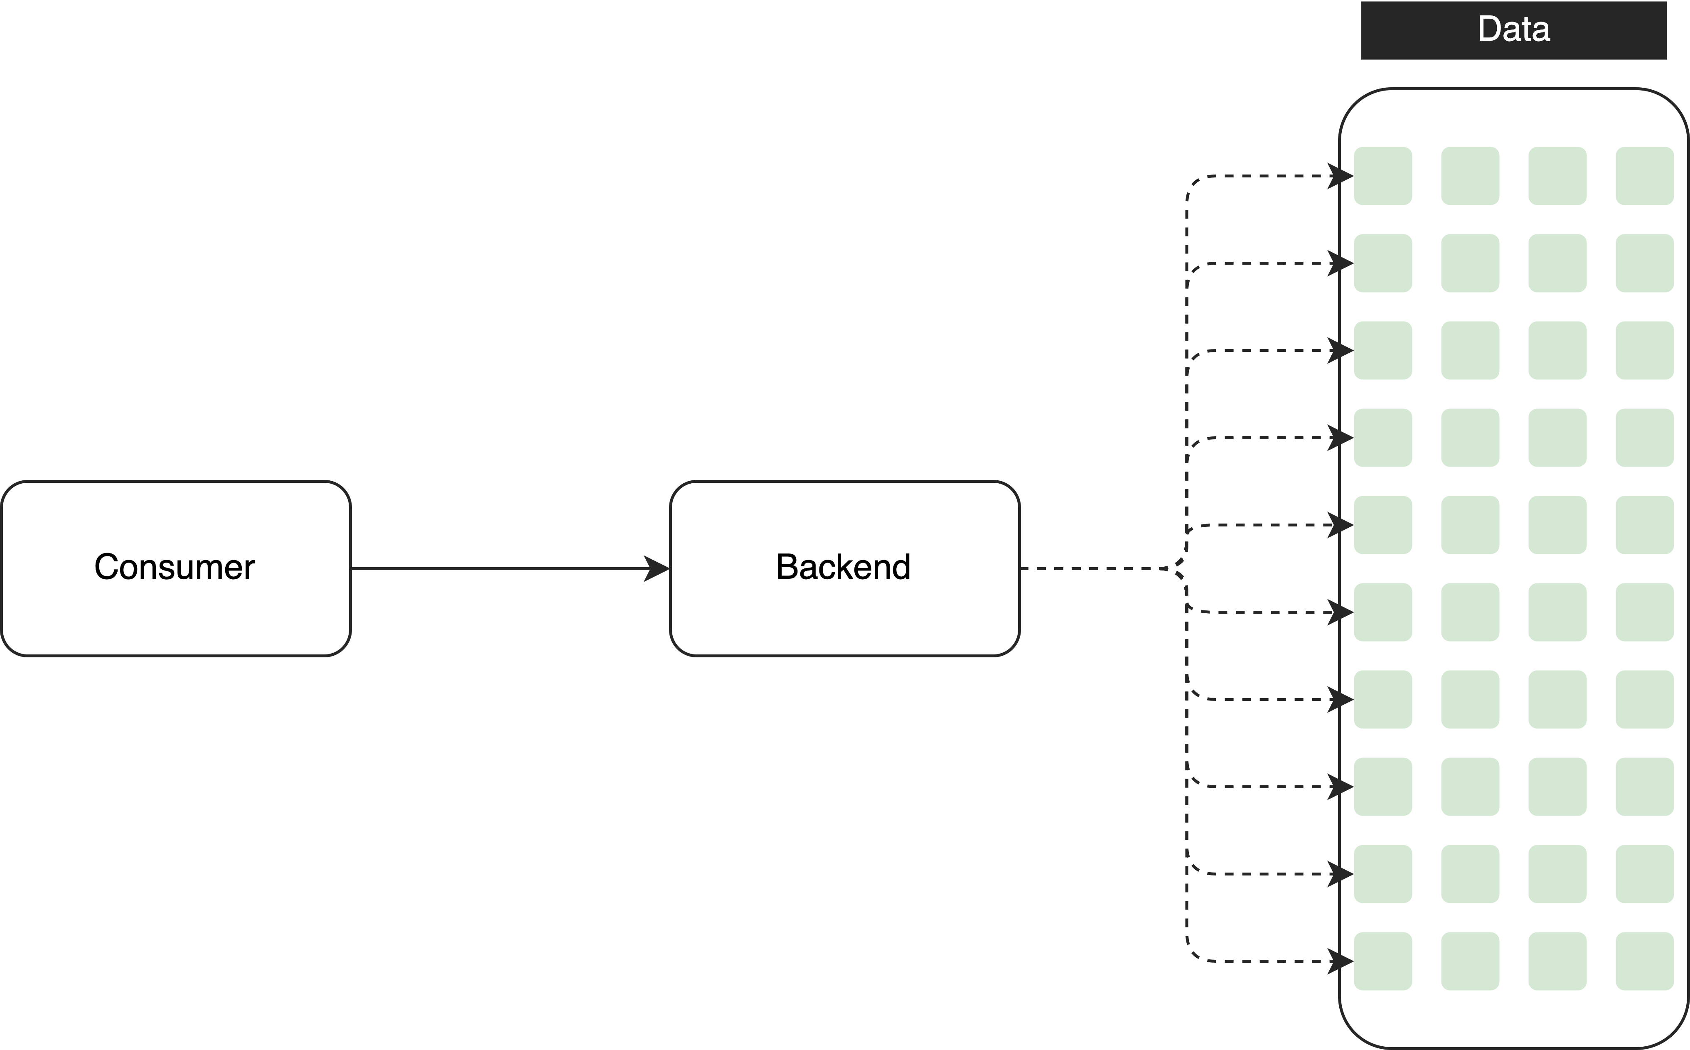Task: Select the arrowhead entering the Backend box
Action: pyautogui.click(x=656, y=569)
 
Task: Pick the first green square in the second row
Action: pyautogui.click(x=1383, y=263)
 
